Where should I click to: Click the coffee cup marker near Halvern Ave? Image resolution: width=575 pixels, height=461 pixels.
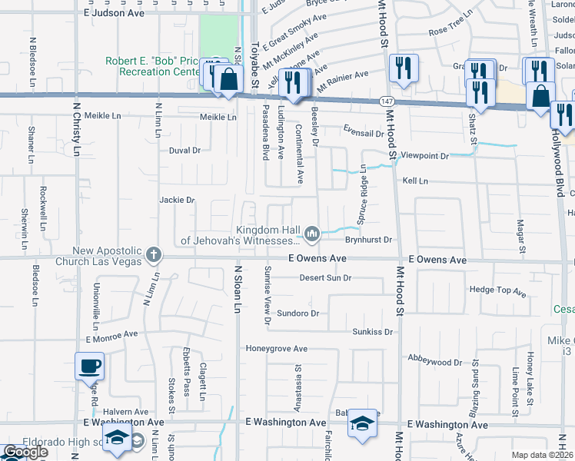coord(89,365)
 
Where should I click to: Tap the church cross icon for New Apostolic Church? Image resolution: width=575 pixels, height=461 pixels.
coord(154,254)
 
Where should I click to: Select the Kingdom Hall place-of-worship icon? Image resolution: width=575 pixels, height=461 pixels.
coord(312,232)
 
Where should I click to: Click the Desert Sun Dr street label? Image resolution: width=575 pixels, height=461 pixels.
coord(324,277)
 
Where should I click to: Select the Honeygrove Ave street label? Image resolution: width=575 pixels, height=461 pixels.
coord(276,349)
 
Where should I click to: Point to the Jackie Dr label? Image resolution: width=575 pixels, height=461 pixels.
coord(177,200)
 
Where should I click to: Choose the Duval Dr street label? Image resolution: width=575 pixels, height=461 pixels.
coord(184,150)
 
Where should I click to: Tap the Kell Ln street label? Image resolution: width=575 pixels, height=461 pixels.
coord(415,181)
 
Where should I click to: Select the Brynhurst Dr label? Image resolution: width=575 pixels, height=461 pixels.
coord(369,240)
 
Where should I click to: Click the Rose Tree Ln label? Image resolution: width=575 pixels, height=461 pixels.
coord(450,31)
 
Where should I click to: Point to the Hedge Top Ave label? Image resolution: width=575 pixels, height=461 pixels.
coord(497,291)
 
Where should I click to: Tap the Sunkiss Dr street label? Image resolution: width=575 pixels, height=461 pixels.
coord(372,332)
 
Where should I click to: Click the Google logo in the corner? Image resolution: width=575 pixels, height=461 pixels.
coord(25,452)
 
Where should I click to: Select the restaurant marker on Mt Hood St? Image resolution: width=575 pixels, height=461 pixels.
coord(403,68)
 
